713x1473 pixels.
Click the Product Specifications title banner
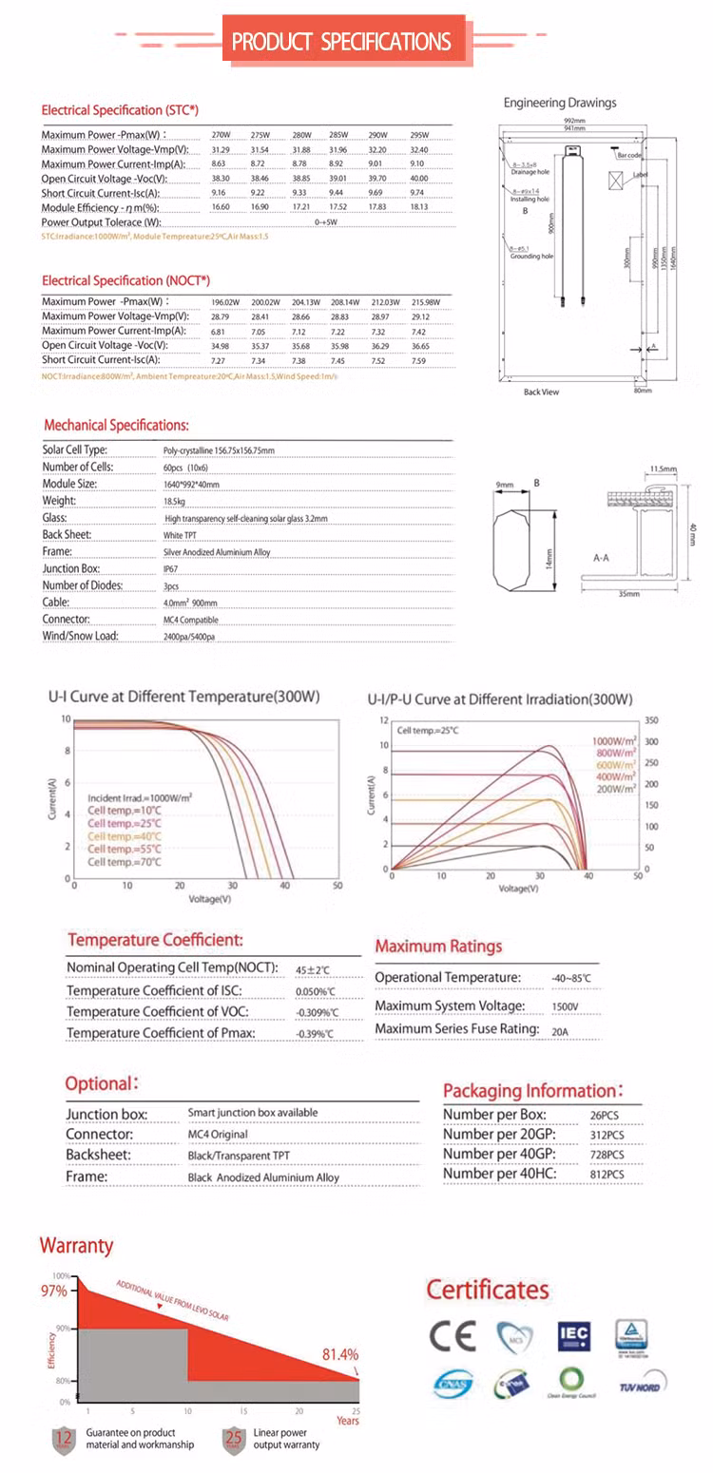pos(342,41)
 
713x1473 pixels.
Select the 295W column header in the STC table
pos(419,135)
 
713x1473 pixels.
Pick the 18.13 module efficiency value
pos(419,207)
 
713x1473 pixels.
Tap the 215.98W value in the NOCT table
pos(420,302)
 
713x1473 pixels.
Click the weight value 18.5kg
pos(174,501)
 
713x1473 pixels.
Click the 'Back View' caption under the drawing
pos(542,392)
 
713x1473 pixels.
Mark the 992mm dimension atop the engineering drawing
pos(573,122)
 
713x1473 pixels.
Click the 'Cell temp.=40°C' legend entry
pos(125,836)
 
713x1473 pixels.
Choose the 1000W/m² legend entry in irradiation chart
pos(614,740)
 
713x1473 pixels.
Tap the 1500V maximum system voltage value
pos(565,1006)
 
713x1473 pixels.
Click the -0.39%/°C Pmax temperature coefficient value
pos(315,1034)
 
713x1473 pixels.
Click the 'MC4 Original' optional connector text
pos(218,1135)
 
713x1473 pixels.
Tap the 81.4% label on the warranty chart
pos(340,1355)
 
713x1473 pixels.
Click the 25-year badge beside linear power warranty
pos(234,1440)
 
